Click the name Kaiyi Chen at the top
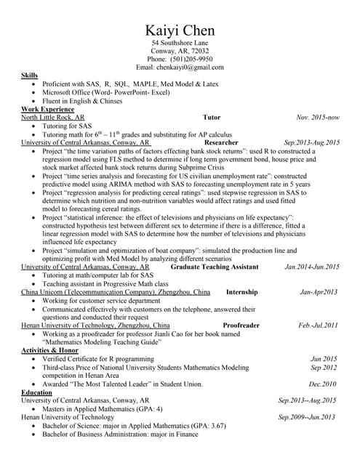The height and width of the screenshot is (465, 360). coord(180,31)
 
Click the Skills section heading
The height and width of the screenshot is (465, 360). coord(29,76)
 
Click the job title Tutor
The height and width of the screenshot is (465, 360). coord(212,117)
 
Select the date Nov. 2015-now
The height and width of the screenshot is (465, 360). coord(318,117)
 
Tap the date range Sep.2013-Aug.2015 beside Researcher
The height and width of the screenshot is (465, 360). coord(312,143)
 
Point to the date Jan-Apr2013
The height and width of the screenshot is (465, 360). coord(319,292)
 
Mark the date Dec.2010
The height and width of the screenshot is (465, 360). coord(324,384)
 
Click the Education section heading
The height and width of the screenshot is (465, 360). coord(37,392)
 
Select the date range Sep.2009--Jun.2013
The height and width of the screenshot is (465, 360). coord(308,417)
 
